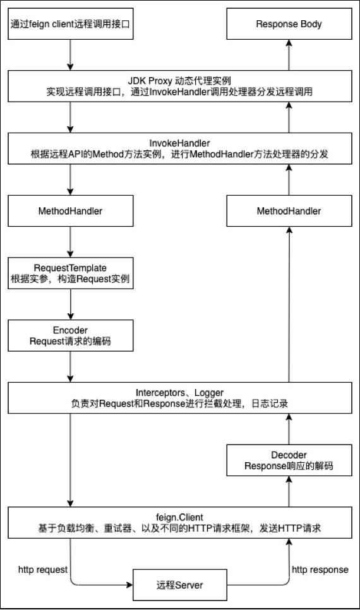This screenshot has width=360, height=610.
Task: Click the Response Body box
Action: pyautogui.click(x=289, y=24)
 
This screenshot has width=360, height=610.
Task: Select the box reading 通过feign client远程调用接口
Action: pyautogui.click(x=71, y=24)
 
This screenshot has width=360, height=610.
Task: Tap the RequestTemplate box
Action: pyautogui.click(x=71, y=273)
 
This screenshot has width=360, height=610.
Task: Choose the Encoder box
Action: pyautogui.click(x=71, y=335)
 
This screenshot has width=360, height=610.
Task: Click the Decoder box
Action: pyautogui.click(x=289, y=460)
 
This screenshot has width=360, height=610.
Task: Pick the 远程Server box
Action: pyautogui.click(x=180, y=585)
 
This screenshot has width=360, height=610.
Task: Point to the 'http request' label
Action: pyautogui.click(x=43, y=570)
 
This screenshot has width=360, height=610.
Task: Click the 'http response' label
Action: pyautogui.click(x=320, y=570)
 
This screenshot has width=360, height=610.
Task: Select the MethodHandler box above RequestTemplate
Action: pyautogui.click(x=71, y=211)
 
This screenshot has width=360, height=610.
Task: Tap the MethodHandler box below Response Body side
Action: pyautogui.click(x=289, y=211)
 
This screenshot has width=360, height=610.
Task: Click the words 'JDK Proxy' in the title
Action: pyautogui.click(x=150, y=81)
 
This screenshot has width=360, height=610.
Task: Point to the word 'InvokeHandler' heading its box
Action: pyautogui.click(x=180, y=143)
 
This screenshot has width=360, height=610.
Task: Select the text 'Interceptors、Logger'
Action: pyautogui.click(x=180, y=393)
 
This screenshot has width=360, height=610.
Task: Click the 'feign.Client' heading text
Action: pyautogui.click(x=180, y=517)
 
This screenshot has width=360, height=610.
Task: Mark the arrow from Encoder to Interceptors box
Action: pyautogui.click(x=71, y=367)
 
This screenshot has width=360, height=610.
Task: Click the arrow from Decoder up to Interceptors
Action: pyautogui.click(x=289, y=429)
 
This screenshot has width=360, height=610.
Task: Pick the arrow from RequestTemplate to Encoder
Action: pyautogui.click(x=71, y=304)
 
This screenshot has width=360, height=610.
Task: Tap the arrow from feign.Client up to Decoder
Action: pyautogui.click(x=289, y=491)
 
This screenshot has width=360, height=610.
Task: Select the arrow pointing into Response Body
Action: pyautogui.click(x=289, y=55)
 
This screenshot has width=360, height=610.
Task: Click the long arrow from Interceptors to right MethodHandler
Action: pyautogui.click(x=289, y=304)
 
